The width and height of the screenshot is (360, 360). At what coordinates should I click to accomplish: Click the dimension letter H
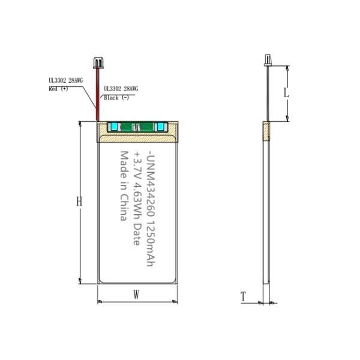[x=79, y=202]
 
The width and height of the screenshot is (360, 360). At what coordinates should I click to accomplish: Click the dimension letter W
[x=136, y=295]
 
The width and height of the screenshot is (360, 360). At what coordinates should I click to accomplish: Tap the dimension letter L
[x=286, y=93]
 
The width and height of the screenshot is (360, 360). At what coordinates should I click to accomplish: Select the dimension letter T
[x=244, y=296]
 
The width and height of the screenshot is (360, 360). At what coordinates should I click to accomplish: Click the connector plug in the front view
[x=98, y=63]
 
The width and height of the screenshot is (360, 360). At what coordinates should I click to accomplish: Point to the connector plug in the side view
[x=268, y=60]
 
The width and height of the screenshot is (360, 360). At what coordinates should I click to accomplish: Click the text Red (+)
[x=58, y=89]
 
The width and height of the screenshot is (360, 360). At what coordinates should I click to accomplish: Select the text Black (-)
[x=116, y=98]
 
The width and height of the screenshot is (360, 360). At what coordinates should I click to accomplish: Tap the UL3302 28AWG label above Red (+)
[x=65, y=80]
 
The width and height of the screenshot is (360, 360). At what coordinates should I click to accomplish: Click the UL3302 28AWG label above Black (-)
[x=121, y=89]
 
